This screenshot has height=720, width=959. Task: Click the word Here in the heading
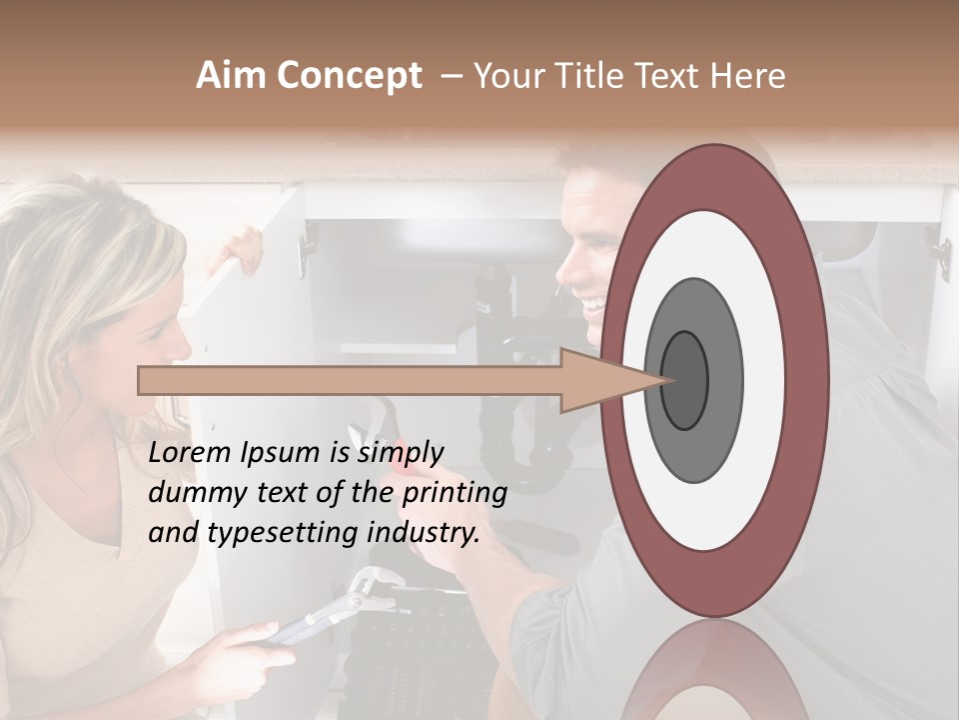pos(746,76)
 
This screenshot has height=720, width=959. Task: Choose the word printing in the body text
pos(455,494)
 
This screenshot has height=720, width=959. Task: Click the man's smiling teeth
pos(593,301)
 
